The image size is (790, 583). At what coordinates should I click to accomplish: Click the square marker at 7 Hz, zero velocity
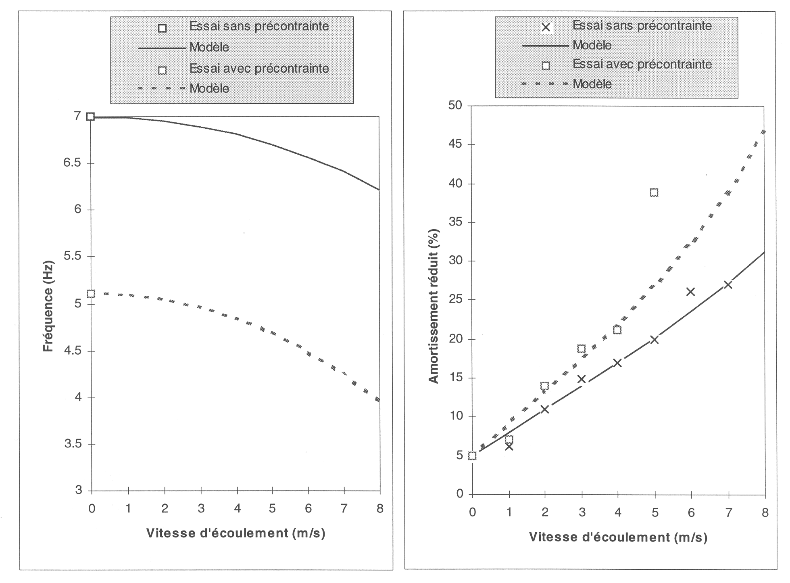click(91, 117)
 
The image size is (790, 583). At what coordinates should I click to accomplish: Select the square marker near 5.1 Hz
click(91, 294)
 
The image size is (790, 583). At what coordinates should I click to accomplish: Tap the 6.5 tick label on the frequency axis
click(73, 163)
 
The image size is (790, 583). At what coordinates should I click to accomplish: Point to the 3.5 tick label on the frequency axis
click(73, 444)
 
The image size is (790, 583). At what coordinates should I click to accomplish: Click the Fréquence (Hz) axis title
click(48, 307)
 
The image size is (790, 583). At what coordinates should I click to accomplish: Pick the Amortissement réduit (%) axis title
click(434, 306)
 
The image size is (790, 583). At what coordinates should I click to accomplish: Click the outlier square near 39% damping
click(654, 192)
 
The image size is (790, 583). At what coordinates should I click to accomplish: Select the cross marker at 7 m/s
click(728, 285)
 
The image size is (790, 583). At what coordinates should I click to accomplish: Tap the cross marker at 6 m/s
click(691, 291)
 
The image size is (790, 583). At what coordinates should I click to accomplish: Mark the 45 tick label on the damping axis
click(456, 144)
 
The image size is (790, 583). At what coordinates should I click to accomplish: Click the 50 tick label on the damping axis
click(456, 106)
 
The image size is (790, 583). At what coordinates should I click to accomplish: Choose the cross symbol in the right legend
click(546, 27)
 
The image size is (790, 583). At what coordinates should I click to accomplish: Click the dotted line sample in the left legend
click(161, 88)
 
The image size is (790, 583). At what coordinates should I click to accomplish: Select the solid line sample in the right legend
click(545, 46)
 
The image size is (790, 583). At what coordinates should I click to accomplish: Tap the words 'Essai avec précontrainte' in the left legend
click(259, 69)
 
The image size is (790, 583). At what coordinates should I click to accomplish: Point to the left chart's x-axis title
click(236, 533)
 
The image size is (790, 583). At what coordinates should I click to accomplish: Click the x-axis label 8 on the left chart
click(380, 509)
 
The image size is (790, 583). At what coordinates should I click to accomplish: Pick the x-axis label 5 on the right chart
click(655, 513)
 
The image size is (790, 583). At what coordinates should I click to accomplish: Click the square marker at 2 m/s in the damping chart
click(544, 386)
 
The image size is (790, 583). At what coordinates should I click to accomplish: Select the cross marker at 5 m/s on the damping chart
click(654, 340)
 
